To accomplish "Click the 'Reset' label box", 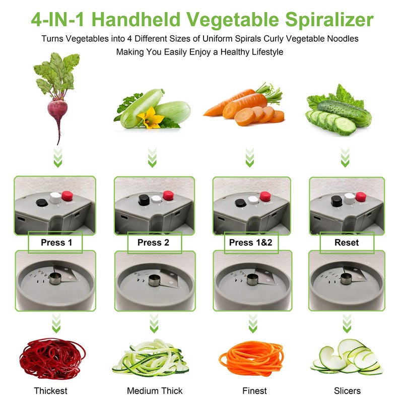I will (x=347, y=242).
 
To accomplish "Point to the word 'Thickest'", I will (x=50, y=390).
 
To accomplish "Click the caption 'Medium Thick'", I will (x=155, y=390).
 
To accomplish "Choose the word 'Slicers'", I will (x=347, y=390).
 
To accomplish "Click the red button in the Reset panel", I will (x=360, y=196).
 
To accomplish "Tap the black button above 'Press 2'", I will (x=144, y=200).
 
